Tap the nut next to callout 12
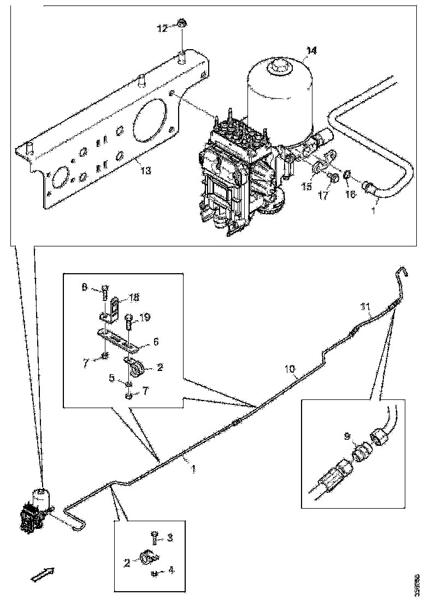point(181,24)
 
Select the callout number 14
point(311,51)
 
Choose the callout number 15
point(308,187)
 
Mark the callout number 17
point(323,195)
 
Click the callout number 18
point(134,297)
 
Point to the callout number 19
point(145,317)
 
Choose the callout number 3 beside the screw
point(169,538)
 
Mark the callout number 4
point(171,570)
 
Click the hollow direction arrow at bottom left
point(42,574)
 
